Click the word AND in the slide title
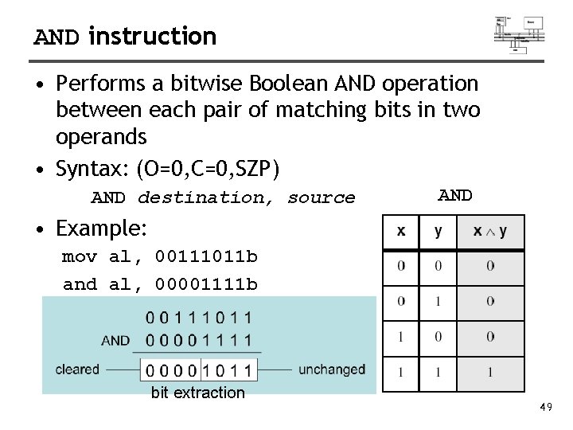pos(57,37)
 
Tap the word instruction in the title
pos(153,36)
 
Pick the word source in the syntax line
pos(321,197)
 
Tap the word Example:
pos(101,229)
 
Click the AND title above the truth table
pos(455,195)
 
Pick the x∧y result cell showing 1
pos(489,372)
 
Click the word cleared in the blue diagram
pos(77,369)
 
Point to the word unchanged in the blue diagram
pos(332,369)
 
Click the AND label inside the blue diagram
pos(115,340)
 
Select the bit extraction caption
pos(197,393)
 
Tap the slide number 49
pos(546,408)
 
